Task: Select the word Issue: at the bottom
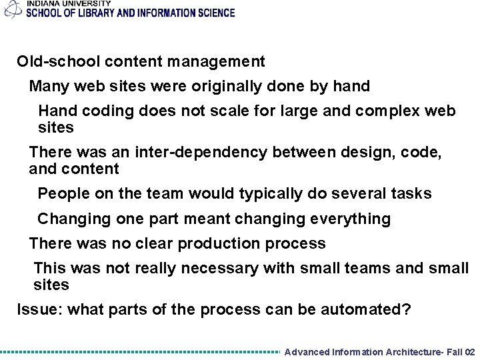[39, 309]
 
